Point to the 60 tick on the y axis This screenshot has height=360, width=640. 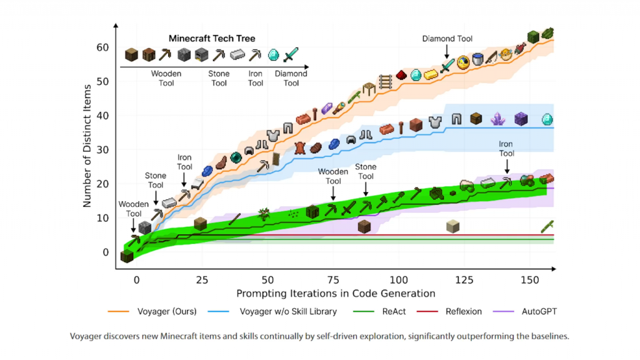pyautogui.click(x=102, y=48)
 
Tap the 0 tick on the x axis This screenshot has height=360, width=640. pyautogui.click(x=137, y=279)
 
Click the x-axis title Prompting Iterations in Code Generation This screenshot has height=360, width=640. pyautogui.click(x=336, y=293)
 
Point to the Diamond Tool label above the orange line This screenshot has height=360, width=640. pyautogui.click(x=447, y=39)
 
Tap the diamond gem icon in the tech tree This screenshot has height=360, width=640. pyautogui.click(x=273, y=55)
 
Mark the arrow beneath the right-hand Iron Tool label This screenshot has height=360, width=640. pyautogui.click(x=506, y=166)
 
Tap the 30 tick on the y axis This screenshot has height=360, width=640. pyautogui.click(x=102, y=151)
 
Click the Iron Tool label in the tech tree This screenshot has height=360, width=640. pyautogui.click(x=255, y=78)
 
